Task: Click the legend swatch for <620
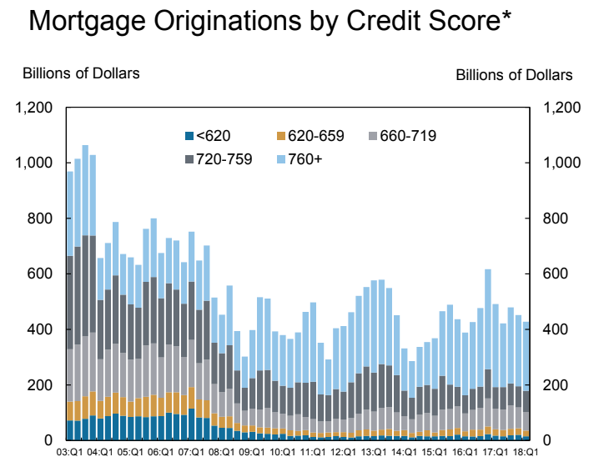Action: (x=188, y=136)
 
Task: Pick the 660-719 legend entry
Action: (x=409, y=136)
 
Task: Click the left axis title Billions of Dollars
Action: (x=81, y=73)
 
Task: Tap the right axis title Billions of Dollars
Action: (x=514, y=75)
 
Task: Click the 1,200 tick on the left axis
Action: (x=34, y=108)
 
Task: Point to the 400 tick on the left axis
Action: (x=41, y=329)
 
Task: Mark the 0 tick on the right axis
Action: (x=547, y=440)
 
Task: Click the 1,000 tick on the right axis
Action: (x=561, y=163)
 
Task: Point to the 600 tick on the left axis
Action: (x=41, y=274)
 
